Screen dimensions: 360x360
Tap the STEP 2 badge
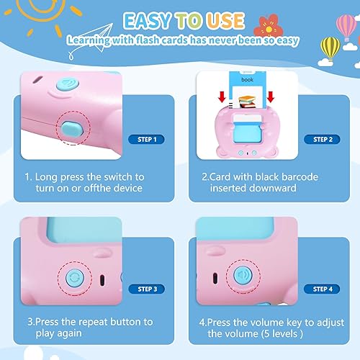(x=320, y=139)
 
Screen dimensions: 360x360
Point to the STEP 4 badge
(x=320, y=289)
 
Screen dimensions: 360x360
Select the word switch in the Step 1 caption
(x=117, y=176)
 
